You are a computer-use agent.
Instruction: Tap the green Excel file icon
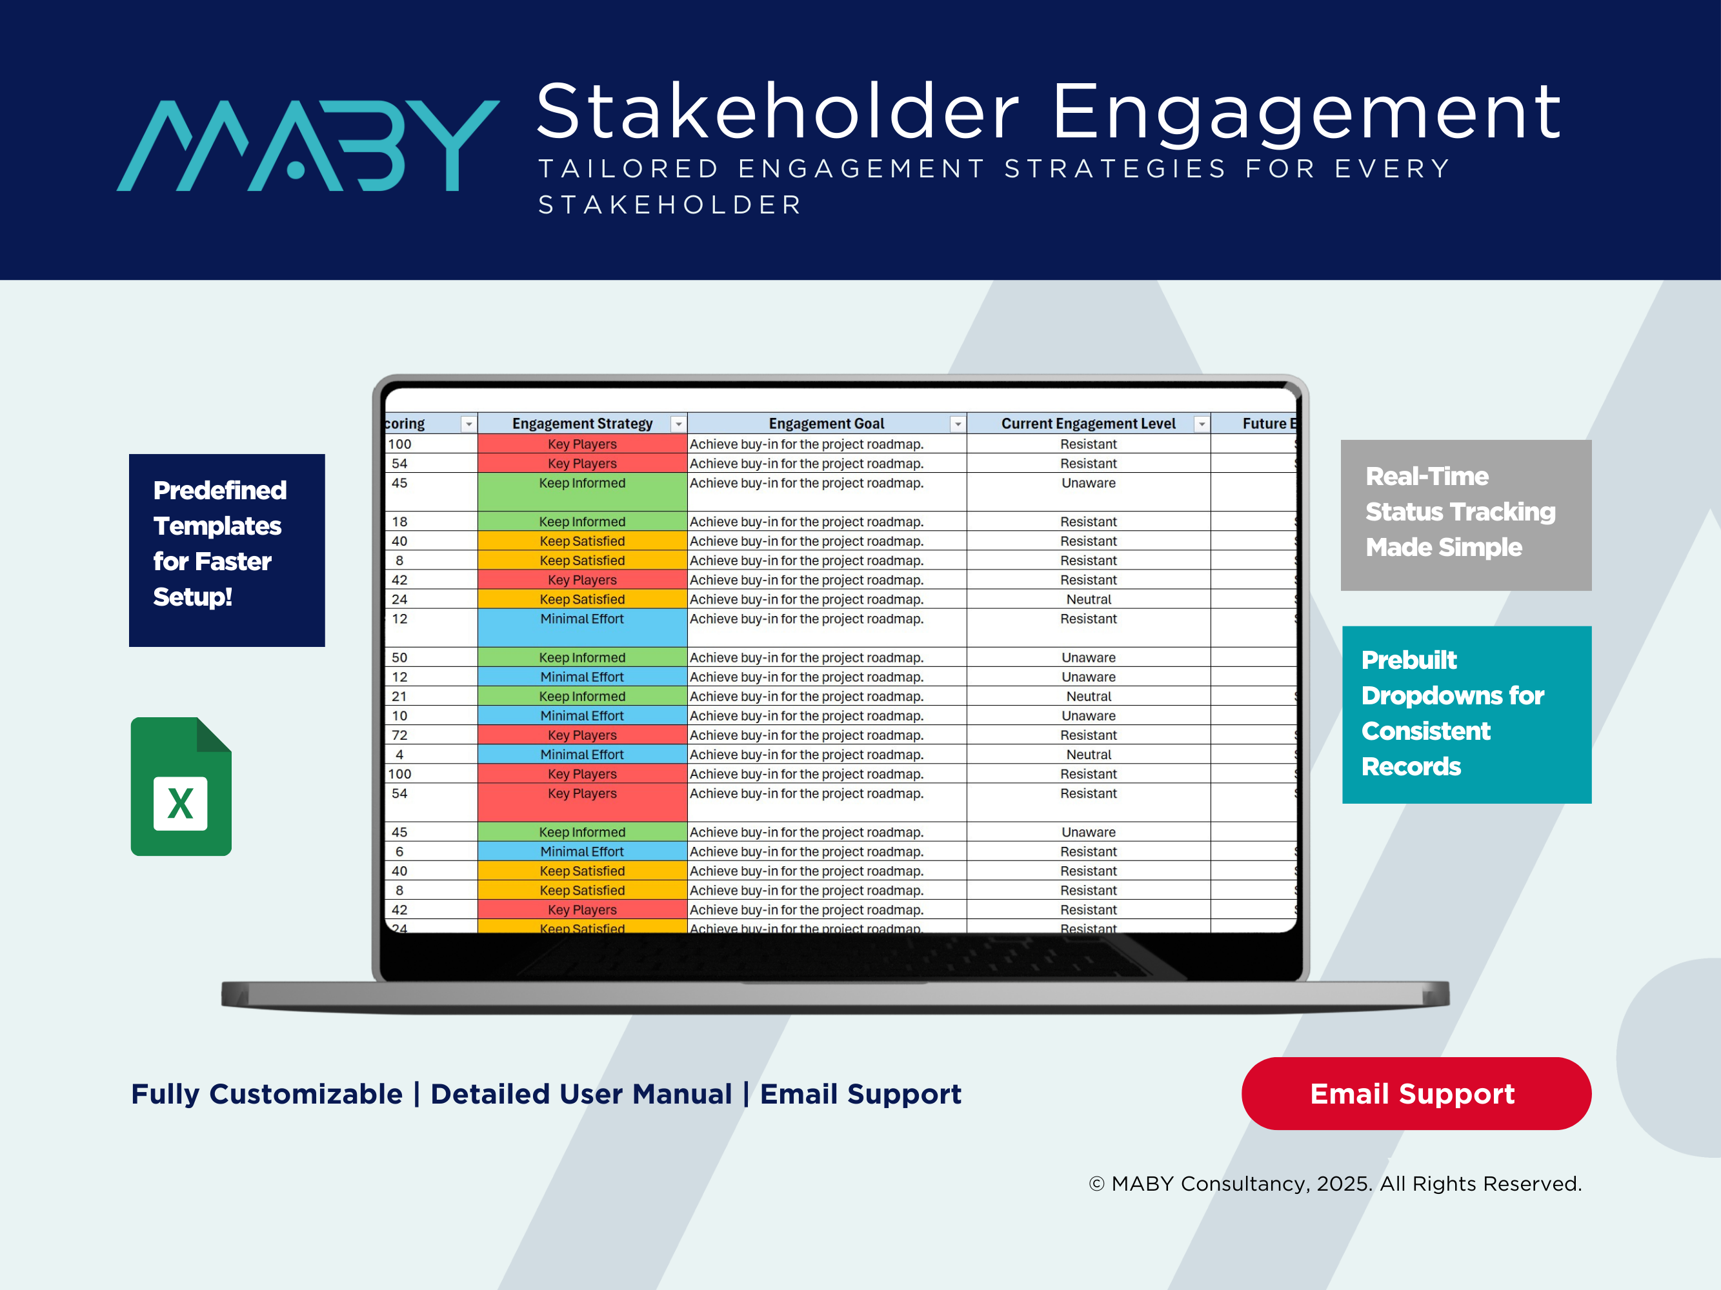[x=181, y=786]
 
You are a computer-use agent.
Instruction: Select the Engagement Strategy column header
[x=581, y=424]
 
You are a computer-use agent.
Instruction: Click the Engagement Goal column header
[x=825, y=424]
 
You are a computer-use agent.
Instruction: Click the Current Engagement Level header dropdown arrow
[x=1202, y=424]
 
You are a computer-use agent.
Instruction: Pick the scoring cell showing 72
[x=399, y=735]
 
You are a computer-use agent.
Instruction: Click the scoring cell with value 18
[x=399, y=522]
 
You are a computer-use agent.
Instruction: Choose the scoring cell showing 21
[x=399, y=696]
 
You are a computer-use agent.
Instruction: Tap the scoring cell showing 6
[x=399, y=851]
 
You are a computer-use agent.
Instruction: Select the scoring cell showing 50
[x=399, y=657]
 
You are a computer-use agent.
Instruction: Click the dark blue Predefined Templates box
[x=226, y=550]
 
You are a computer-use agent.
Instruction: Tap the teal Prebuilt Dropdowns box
[x=1466, y=714]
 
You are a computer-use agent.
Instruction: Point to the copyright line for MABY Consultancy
[x=1334, y=1184]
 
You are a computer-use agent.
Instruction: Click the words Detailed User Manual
[x=581, y=1094]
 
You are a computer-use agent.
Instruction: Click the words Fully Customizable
[x=267, y=1094]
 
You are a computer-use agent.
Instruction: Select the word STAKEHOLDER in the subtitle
[x=670, y=205]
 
